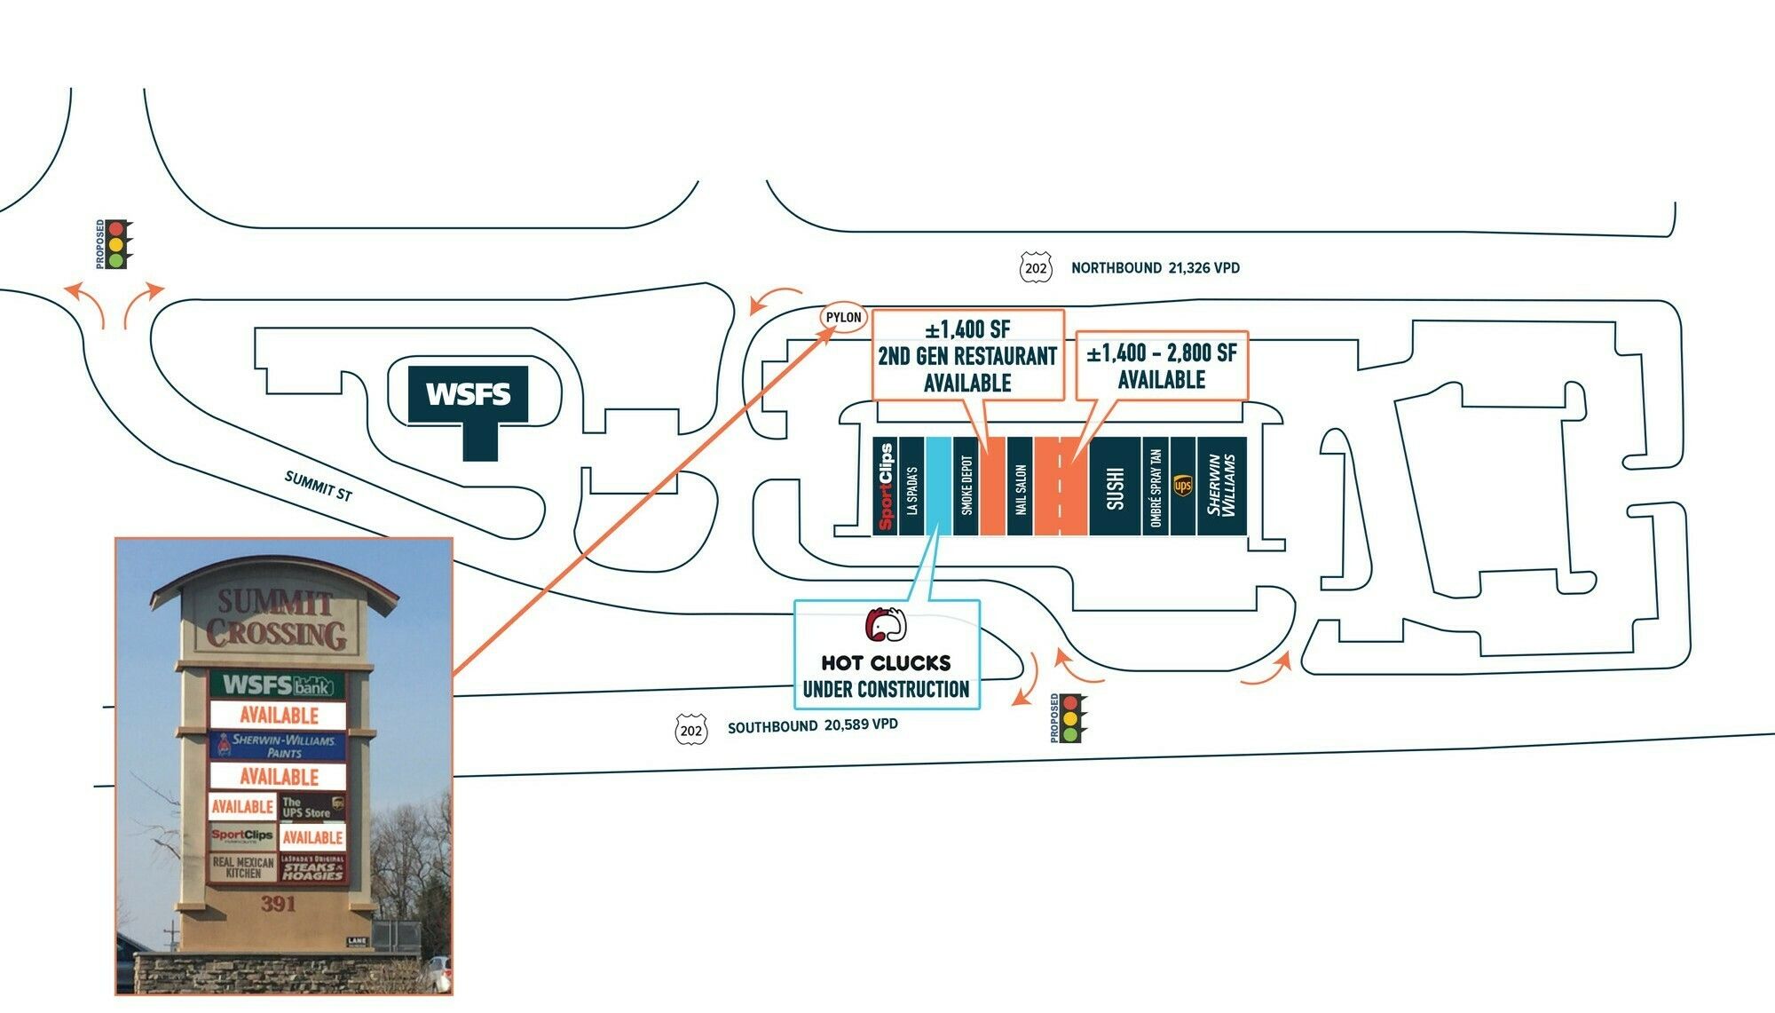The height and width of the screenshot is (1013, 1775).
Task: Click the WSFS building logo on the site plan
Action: click(468, 394)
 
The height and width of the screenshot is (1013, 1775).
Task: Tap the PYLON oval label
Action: click(843, 317)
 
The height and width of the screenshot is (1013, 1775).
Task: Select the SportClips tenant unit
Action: click(885, 487)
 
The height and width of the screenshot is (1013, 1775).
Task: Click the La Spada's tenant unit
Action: click(911, 487)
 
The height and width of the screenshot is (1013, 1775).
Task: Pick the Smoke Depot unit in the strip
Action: click(966, 487)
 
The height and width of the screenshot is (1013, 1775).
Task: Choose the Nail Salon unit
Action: click(1020, 487)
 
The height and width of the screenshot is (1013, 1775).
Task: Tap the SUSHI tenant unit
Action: click(1115, 487)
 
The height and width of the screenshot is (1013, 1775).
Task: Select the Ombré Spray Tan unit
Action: click(1156, 487)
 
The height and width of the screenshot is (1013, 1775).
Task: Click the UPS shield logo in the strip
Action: click(1183, 486)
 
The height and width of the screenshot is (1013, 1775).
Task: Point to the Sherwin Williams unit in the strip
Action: click(1221, 487)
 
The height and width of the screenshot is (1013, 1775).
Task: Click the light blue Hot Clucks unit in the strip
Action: click(938, 487)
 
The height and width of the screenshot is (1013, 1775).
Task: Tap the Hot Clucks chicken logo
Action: click(885, 625)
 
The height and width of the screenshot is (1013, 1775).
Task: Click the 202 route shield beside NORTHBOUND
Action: click(1036, 268)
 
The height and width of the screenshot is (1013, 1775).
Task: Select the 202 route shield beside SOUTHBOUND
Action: click(691, 730)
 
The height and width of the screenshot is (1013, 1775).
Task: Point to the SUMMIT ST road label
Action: click(319, 486)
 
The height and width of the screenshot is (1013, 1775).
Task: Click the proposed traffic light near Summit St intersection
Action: click(114, 244)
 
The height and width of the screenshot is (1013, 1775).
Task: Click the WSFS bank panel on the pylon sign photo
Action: click(278, 685)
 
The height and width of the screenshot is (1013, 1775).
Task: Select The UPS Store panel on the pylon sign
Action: click(312, 807)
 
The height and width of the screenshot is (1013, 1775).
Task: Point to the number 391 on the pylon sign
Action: click(278, 904)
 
